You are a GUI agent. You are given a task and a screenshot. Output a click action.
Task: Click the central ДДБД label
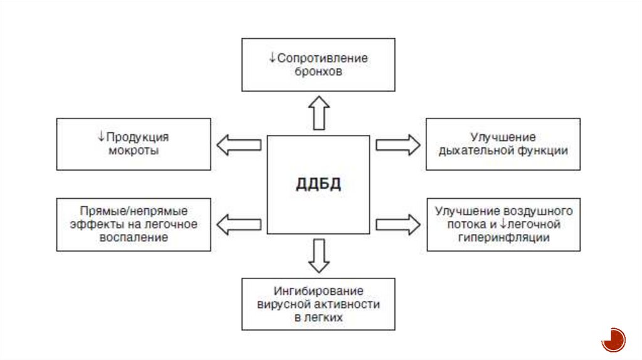click(318, 184)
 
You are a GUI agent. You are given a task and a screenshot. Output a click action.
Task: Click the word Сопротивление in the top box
click(322, 58)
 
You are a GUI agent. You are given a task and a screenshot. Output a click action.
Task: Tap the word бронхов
click(318, 71)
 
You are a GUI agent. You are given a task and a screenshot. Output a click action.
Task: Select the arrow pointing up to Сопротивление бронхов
click(319, 113)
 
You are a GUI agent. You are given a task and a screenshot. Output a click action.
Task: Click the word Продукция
click(137, 137)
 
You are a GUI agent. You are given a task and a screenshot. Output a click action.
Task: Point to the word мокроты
click(134, 151)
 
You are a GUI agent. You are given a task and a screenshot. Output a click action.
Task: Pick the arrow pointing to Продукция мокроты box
click(239, 145)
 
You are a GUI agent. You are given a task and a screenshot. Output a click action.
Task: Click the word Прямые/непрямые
click(134, 211)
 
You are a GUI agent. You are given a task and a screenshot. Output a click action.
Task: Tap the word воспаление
click(134, 238)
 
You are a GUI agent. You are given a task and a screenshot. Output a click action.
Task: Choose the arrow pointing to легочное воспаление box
click(239, 224)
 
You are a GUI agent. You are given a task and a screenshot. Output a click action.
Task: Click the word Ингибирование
click(318, 291)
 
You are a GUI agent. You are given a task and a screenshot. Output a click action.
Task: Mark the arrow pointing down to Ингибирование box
click(319, 255)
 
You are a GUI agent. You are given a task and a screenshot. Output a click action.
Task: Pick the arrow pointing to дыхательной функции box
click(398, 145)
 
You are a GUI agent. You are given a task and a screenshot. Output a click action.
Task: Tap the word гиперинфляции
click(503, 238)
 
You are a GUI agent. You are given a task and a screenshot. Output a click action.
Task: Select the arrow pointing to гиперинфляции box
click(398, 224)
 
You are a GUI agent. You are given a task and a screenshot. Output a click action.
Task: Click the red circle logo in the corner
click(613, 339)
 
